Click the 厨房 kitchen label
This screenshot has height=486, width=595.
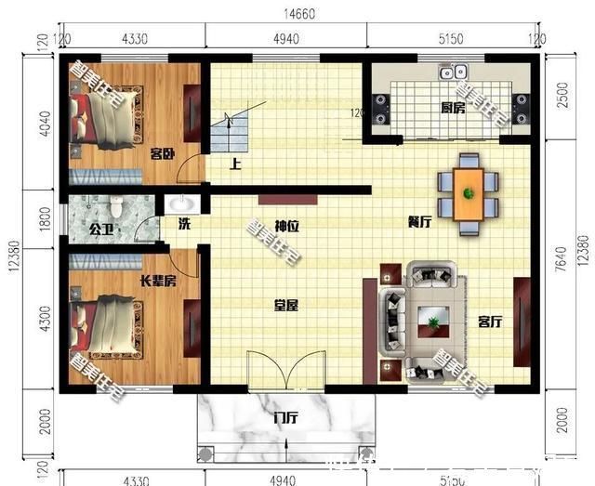[x=452, y=108]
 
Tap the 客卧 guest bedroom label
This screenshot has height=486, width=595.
[x=163, y=154]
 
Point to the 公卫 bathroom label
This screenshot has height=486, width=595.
[x=100, y=226]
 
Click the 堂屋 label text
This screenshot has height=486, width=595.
[x=285, y=304]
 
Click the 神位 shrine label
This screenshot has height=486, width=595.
[x=285, y=226]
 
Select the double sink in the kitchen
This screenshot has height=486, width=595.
[x=453, y=71]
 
